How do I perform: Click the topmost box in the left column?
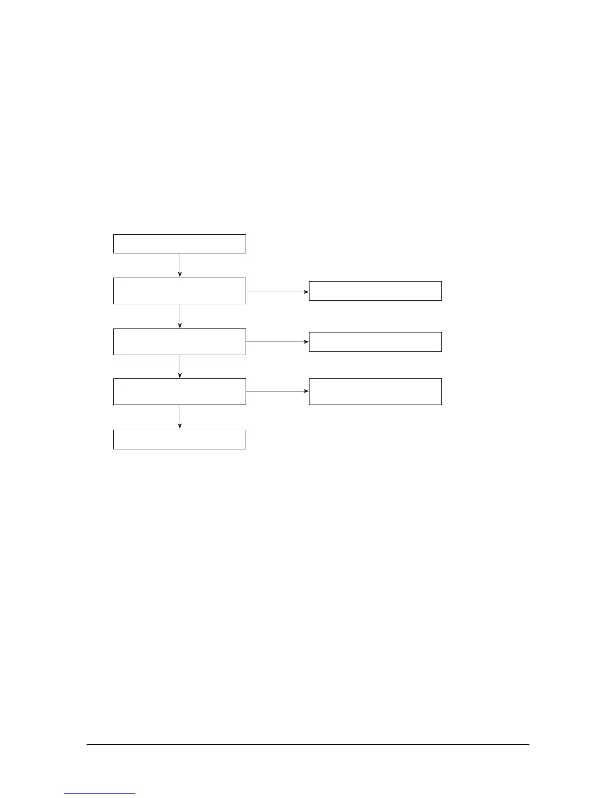coord(179,243)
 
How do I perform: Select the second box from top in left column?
coord(179,291)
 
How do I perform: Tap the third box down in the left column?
coord(179,342)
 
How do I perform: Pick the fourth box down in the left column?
coord(179,391)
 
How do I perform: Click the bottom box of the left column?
coord(179,439)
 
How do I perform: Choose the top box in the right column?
coord(375,291)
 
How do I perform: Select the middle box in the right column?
coord(375,342)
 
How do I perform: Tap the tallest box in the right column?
coord(375,391)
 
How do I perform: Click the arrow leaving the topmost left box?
coord(180,264)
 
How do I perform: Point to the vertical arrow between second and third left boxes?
coord(180,316)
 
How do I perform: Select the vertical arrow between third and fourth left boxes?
coord(180,366)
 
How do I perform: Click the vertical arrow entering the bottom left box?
coord(180,417)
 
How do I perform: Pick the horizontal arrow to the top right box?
coord(277,292)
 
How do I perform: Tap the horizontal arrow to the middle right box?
coord(277,342)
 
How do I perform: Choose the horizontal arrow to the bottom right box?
coord(277,391)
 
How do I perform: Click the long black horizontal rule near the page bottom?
coord(308,744)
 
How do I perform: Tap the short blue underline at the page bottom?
coord(100,794)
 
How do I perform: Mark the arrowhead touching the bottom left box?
coord(180,426)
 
